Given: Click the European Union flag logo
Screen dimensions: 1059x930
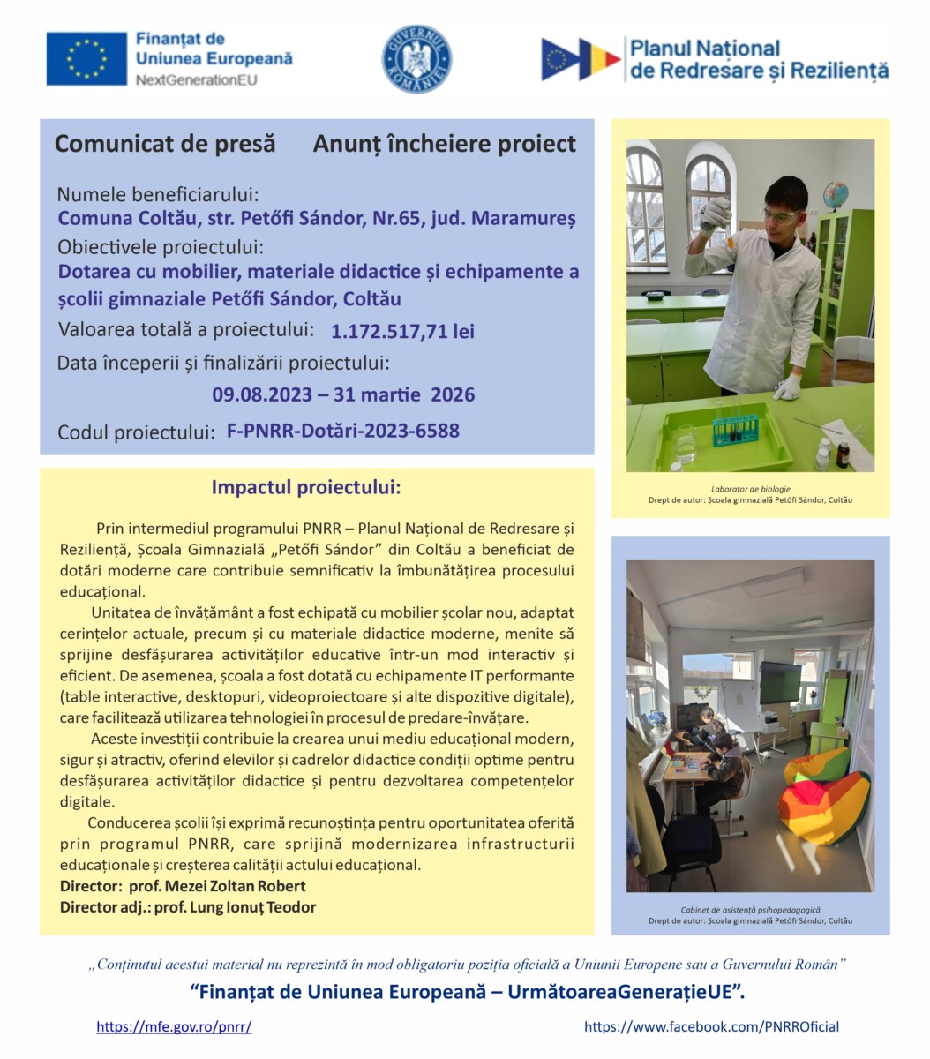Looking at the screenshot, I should click(86, 59).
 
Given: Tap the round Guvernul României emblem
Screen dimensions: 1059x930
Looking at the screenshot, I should click(416, 59).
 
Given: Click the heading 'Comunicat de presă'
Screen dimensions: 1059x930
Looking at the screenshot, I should click(165, 144).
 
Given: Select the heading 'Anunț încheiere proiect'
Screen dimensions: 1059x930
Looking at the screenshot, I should click(444, 144).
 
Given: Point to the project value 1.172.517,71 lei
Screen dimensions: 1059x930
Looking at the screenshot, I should click(402, 332).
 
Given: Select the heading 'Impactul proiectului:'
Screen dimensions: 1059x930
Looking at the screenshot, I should click(305, 488).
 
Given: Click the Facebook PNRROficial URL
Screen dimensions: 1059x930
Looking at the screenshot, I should click(711, 1026).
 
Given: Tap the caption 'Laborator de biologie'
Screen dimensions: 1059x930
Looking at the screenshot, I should click(750, 489).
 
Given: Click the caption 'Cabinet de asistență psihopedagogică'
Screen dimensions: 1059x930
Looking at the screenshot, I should click(750, 909).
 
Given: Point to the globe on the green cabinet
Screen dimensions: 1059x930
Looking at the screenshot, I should click(834, 195).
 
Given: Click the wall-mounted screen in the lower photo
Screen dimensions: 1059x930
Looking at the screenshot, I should click(779, 682).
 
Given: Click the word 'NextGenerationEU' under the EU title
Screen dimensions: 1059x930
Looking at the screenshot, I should click(196, 79).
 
